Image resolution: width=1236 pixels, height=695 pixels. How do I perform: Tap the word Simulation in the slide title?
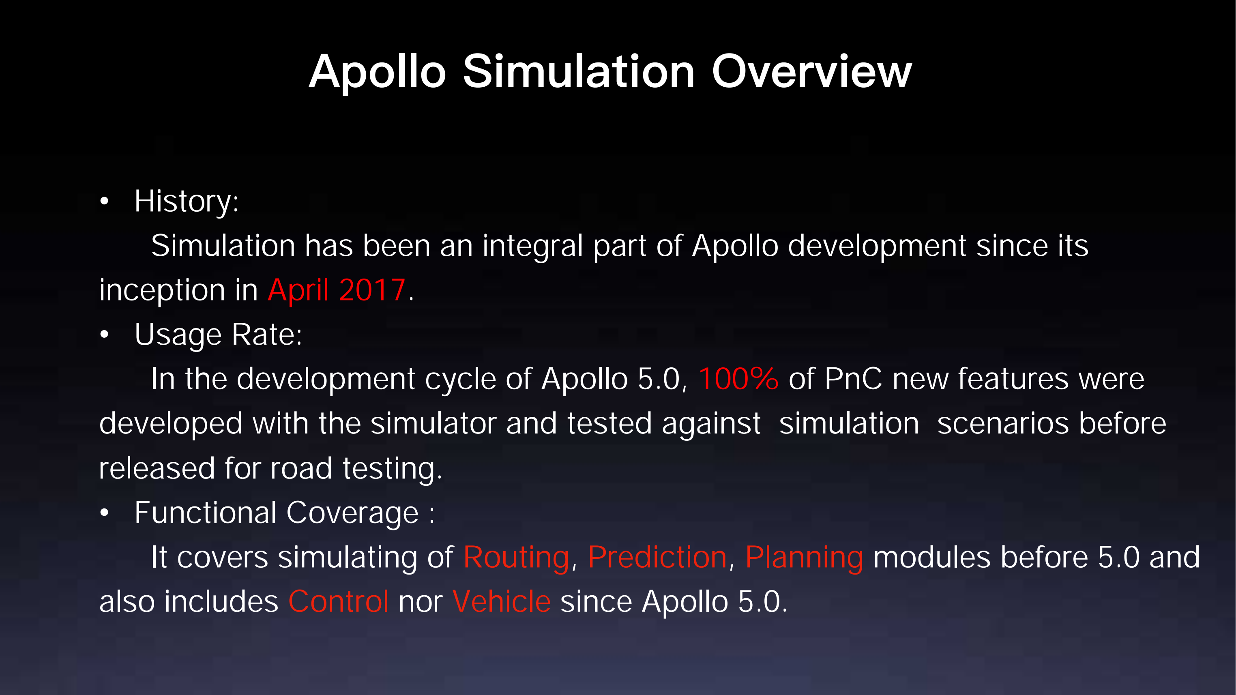578,72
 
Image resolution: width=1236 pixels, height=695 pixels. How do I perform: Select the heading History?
186,201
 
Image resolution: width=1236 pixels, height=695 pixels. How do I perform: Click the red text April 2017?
336,290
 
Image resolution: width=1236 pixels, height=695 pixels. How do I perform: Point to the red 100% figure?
738,379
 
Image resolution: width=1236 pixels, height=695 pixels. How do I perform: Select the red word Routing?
516,558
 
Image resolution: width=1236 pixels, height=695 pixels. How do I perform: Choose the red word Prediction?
657,558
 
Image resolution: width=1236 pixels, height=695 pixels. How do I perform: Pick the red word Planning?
804,558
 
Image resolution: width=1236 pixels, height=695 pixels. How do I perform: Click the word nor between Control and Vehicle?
421,603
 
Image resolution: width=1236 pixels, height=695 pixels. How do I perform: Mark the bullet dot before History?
105,202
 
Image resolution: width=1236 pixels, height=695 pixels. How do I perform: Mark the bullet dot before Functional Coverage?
105,513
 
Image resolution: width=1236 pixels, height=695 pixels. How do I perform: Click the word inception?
162,291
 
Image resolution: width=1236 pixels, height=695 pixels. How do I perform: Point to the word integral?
532,246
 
